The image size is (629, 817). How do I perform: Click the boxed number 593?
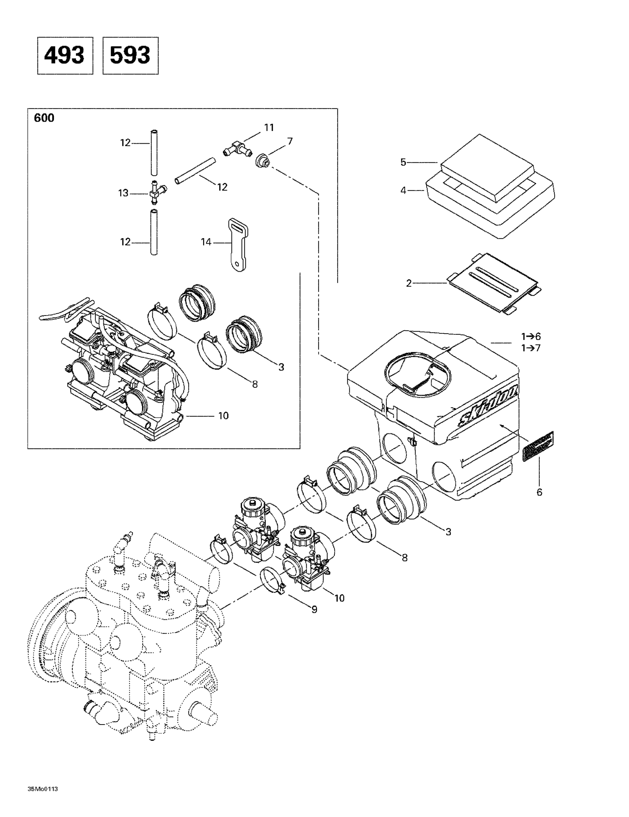pyautogui.click(x=130, y=55)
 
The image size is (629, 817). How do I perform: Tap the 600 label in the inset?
pyautogui.click(x=44, y=118)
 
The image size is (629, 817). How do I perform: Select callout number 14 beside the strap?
pyautogui.click(x=206, y=242)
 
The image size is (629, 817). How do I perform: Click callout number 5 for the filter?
pyautogui.click(x=403, y=162)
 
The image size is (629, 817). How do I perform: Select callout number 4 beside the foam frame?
pyautogui.click(x=403, y=190)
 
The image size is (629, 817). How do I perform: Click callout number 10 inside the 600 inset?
pyautogui.click(x=223, y=416)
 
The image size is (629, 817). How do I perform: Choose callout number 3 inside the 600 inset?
pyautogui.click(x=281, y=367)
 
